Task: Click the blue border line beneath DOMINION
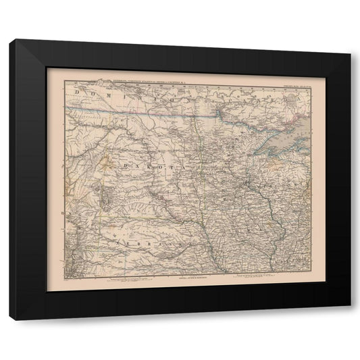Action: [x=135, y=113]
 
